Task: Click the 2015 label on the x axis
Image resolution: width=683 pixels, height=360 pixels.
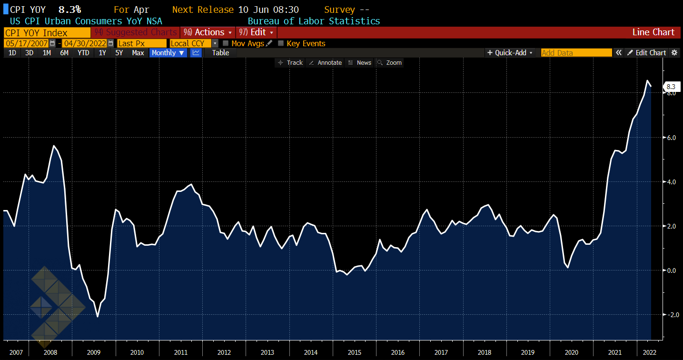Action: pyautogui.click(x=355, y=352)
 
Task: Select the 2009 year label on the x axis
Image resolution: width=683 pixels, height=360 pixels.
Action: pyautogui.click(x=94, y=352)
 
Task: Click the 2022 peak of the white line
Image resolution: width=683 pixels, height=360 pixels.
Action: pyautogui.click(x=647, y=81)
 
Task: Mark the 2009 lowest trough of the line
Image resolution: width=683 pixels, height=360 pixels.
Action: pyautogui.click(x=98, y=317)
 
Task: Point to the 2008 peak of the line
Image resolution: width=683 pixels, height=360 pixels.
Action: pyautogui.click(x=54, y=146)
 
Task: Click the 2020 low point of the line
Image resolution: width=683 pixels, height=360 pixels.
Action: pyautogui.click(x=568, y=268)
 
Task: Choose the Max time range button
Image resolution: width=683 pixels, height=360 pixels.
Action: pyautogui.click(x=138, y=53)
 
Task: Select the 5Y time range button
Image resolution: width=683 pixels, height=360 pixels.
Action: pyautogui.click(x=119, y=53)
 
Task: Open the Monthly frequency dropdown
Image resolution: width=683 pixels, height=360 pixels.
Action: pyautogui.click(x=168, y=53)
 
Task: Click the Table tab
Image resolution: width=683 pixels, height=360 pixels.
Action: pyautogui.click(x=220, y=53)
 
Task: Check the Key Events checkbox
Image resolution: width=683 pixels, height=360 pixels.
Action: pyautogui.click(x=281, y=43)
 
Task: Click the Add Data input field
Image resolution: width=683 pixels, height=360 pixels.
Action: pyautogui.click(x=576, y=53)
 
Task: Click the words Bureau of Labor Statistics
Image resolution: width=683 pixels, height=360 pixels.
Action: pyautogui.click(x=314, y=21)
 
